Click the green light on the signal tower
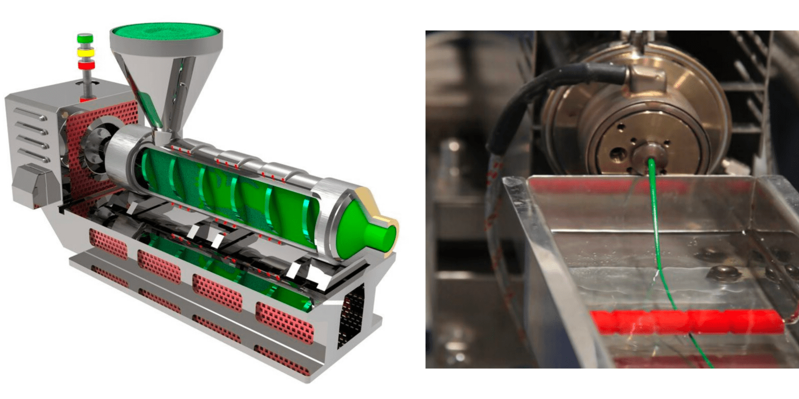84,38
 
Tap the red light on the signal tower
86,65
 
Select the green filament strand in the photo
656,234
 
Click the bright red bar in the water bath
687,322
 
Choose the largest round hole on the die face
619,153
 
